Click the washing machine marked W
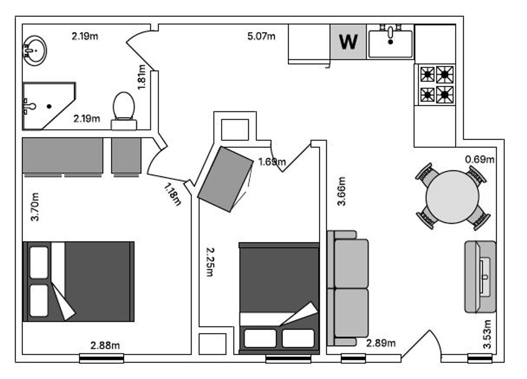point(348,42)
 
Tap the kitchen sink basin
point(390,44)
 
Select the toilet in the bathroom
point(124,111)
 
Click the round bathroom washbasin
point(35,51)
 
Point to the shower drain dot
point(49,107)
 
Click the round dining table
point(452,197)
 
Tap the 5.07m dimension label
point(261,36)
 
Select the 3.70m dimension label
point(35,207)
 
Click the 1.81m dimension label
point(142,77)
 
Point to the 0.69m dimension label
point(480,160)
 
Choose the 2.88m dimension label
point(105,346)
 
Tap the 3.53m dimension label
point(487,334)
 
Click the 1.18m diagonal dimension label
point(173,194)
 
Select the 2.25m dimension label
point(210,262)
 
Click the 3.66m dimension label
point(341,191)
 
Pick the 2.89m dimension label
point(381,343)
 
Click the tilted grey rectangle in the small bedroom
point(226,179)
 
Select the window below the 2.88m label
point(102,359)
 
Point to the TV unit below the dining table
point(480,277)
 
